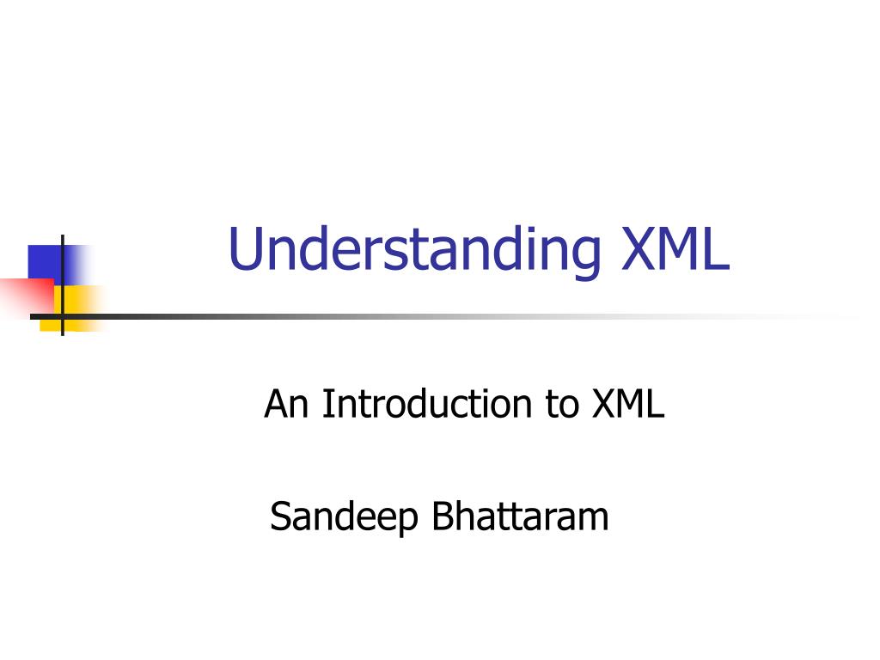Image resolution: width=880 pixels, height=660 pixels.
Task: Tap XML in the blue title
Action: (675, 248)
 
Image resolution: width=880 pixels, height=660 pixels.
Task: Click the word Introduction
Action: (426, 404)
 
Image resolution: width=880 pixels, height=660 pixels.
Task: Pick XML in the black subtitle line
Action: (628, 404)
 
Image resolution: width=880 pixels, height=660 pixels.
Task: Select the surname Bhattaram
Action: (520, 516)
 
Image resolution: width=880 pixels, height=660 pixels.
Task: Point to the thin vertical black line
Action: (62, 285)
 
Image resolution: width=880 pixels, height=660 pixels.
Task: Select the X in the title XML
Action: (640, 248)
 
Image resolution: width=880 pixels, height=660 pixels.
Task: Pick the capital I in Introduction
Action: (326, 404)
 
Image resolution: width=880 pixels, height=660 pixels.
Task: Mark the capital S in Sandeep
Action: (282, 516)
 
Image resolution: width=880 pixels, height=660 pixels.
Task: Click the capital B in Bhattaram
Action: (443, 516)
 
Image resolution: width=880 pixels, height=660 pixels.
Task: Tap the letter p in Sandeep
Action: (406, 522)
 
